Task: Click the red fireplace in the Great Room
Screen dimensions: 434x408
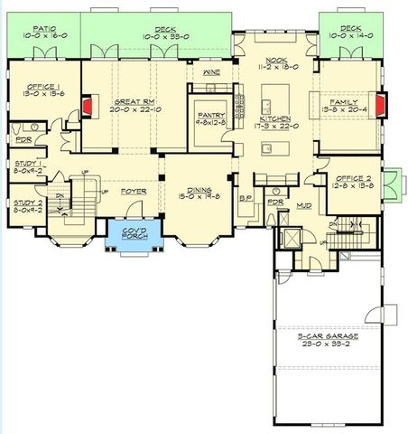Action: (x=88, y=108)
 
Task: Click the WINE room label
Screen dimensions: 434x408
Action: (x=212, y=71)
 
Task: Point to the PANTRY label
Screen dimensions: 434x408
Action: (x=209, y=115)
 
